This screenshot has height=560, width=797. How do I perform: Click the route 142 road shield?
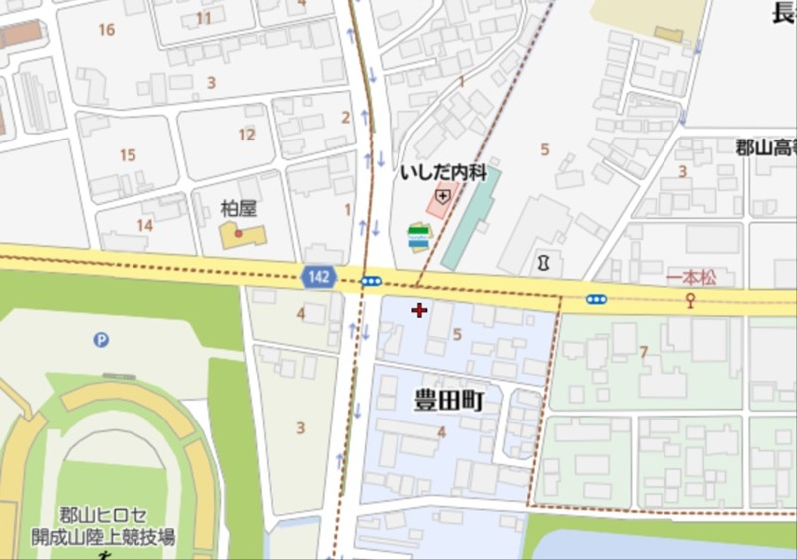click(319, 278)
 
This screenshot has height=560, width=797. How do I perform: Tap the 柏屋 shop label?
click(238, 209)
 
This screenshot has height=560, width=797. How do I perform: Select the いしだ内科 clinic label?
click(443, 173)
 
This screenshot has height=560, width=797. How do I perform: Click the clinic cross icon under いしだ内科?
click(442, 197)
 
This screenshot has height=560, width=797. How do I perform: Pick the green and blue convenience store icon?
click(419, 238)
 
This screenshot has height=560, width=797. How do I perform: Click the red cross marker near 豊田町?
click(419, 311)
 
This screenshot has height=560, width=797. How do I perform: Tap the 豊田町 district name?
click(448, 401)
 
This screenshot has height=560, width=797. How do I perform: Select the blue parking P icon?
click(101, 340)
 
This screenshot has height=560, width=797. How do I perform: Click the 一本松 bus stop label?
click(691, 278)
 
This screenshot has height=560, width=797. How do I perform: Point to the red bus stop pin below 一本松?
click(689, 300)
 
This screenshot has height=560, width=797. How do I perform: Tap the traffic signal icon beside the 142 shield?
click(371, 282)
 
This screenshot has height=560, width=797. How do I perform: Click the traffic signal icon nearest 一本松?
click(596, 299)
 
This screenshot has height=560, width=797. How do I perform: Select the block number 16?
click(107, 30)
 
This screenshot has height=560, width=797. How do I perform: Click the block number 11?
click(204, 18)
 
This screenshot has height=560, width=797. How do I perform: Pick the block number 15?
click(128, 155)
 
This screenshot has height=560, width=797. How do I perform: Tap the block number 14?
click(145, 225)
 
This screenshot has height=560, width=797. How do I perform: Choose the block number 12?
click(247, 135)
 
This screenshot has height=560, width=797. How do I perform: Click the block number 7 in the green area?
click(644, 352)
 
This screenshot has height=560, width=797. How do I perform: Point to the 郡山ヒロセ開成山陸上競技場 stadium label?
click(104, 526)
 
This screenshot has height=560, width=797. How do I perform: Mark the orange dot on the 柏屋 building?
click(238, 233)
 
